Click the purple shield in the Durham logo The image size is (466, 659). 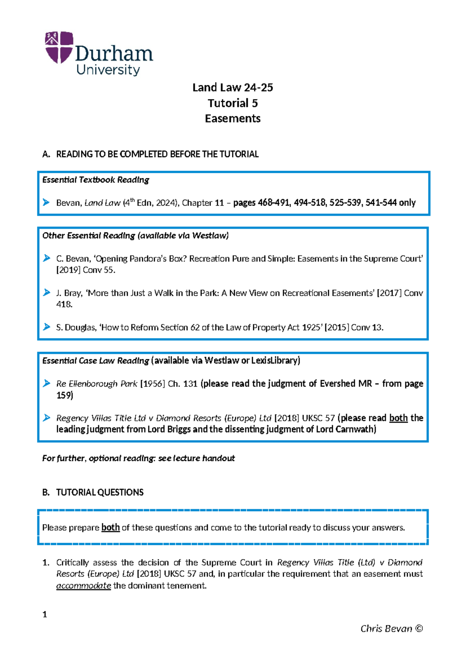point(59,47)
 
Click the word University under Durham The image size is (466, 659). point(108,70)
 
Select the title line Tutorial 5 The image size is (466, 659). point(233,103)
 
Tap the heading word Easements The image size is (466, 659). point(233,119)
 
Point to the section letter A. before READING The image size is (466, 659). point(46,154)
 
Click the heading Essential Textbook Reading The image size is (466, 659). point(96,180)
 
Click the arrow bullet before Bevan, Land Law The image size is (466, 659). point(46,202)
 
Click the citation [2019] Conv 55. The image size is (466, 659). point(85,270)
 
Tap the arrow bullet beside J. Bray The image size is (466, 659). point(46,293)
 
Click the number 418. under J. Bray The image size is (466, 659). point(64,304)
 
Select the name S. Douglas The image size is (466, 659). point(76,328)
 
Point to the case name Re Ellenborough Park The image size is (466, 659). point(97,384)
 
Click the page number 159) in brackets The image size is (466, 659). point(64,395)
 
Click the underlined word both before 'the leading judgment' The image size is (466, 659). point(398,418)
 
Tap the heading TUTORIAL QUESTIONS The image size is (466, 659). point(100,492)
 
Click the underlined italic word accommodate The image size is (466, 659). point(83,586)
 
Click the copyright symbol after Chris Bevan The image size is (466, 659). point(419,629)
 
